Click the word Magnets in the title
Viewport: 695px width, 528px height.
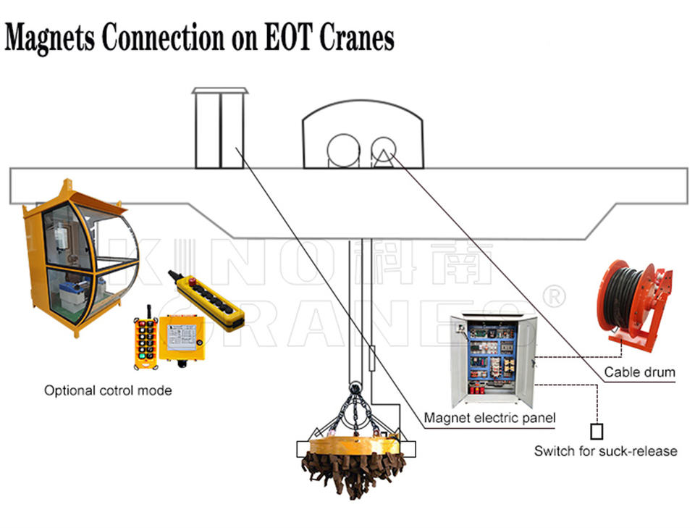49,38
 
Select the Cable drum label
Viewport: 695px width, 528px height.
639,373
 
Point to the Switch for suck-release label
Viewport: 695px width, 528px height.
605,451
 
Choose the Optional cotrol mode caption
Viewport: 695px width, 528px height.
108,390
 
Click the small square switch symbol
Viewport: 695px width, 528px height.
597,432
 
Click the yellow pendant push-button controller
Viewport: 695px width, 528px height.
206,299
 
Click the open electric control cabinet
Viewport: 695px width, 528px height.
493,359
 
